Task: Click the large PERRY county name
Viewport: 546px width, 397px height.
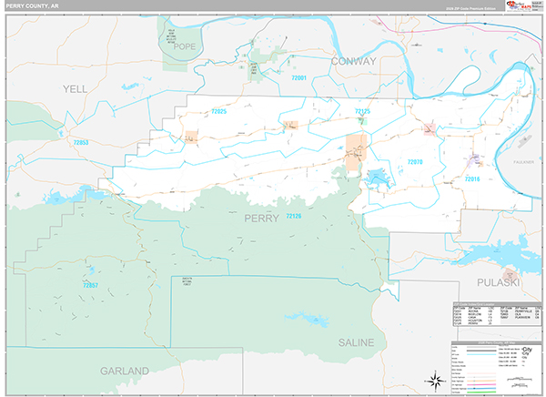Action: click(264, 218)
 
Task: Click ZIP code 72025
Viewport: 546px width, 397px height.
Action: click(218, 111)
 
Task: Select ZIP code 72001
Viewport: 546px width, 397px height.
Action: click(300, 78)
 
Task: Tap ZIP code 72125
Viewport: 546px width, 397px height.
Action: click(362, 111)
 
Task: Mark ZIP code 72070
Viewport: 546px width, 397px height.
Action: click(415, 161)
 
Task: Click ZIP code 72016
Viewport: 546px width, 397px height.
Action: click(471, 178)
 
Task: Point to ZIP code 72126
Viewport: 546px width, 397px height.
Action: click(293, 216)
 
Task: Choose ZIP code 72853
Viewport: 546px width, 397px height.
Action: click(81, 143)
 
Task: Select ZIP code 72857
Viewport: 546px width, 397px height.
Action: click(89, 285)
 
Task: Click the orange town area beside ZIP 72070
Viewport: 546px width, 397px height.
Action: click(357, 149)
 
